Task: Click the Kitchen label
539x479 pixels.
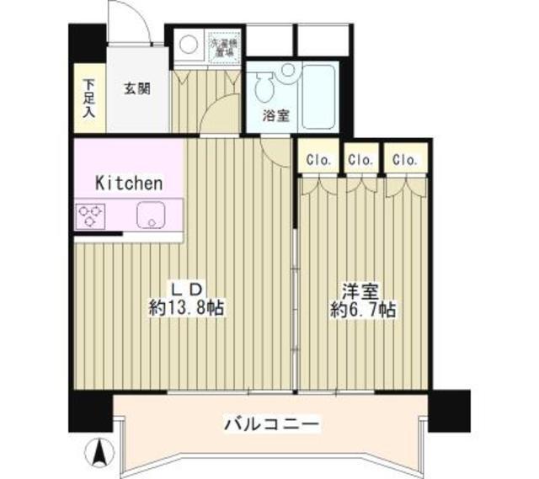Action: tap(128, 182)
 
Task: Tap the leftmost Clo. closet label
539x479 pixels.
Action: tap(318, 158)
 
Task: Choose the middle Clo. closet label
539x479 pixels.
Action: tap(361, 158)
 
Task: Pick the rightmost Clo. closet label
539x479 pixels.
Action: tap(404, 158)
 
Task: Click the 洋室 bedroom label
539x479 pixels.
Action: tap(362, 291)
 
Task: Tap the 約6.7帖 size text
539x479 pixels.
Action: tap(362, 310)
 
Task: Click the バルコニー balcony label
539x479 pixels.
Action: tap(271, 423)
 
